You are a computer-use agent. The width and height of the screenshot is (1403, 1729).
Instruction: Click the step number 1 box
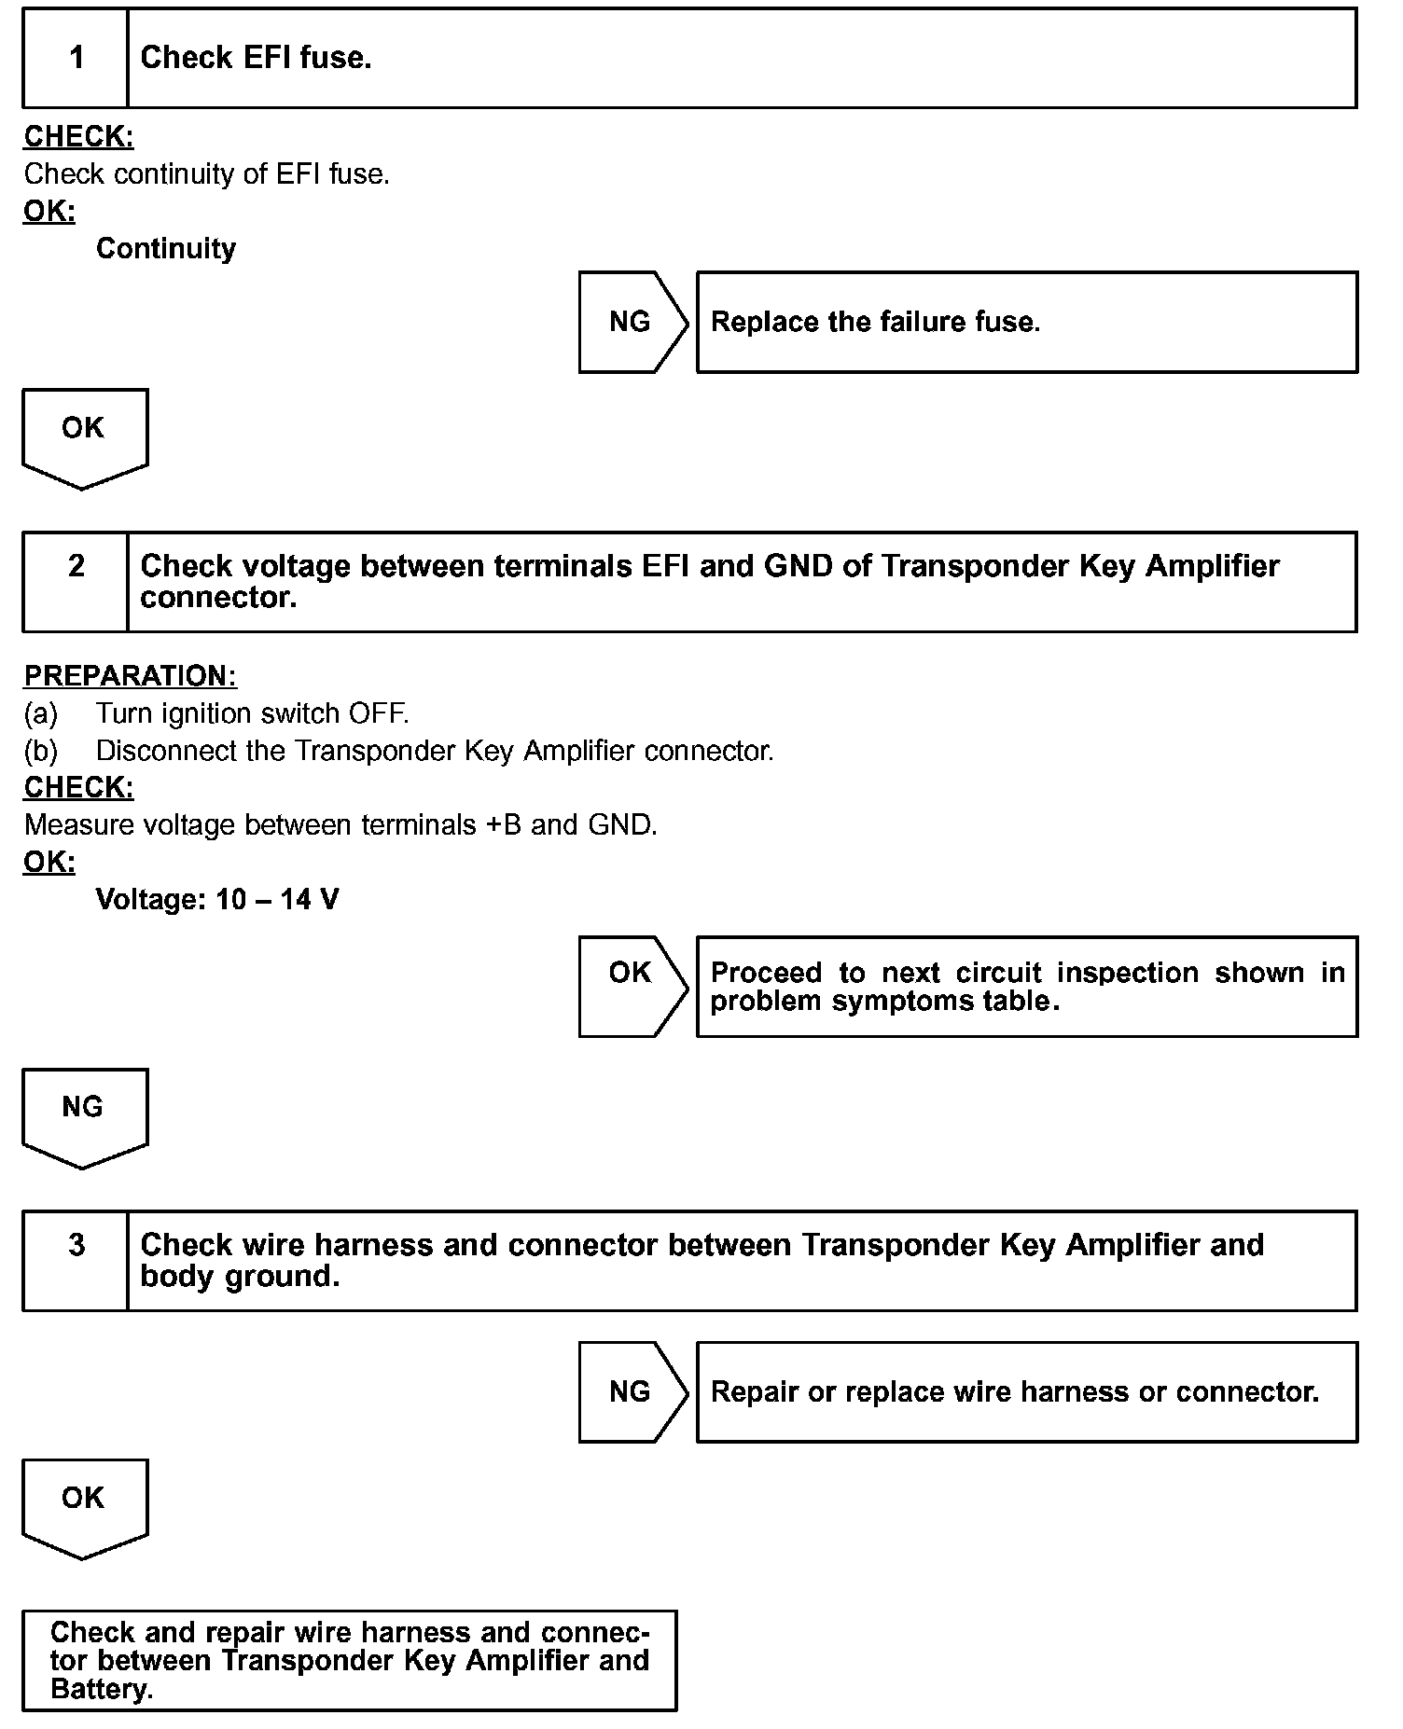(76, 58)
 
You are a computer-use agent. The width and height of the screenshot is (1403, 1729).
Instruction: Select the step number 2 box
(76, 582)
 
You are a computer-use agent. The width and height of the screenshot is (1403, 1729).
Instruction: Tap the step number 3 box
(76, 1260)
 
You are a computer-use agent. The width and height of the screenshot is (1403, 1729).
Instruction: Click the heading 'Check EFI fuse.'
(256, 58)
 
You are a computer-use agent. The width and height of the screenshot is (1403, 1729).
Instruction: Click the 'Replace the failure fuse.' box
(1026, 323)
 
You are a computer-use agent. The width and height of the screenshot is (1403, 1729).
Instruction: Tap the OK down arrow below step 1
(84, 436)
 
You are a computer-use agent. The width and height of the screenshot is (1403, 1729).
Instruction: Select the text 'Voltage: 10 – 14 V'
(217, 899)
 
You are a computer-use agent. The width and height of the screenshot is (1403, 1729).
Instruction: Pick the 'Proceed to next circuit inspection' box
(1026, 987)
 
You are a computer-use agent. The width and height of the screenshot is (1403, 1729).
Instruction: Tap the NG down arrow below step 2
(84, 1115)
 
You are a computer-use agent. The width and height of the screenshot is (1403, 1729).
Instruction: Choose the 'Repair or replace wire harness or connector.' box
(1026, 1391)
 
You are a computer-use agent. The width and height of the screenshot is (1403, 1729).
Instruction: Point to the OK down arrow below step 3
(84, 1506)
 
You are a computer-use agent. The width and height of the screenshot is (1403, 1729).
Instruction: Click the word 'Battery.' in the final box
(102, 1689)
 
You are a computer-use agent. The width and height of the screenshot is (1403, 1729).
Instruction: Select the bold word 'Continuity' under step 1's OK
(166, 248)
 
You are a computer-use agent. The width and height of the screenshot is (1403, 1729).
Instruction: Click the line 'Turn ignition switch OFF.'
(252, 713)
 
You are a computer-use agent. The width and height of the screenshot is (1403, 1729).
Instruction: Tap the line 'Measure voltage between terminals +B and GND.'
(340, 824)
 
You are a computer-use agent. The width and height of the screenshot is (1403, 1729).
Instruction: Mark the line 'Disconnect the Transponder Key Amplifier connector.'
(435, 751)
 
